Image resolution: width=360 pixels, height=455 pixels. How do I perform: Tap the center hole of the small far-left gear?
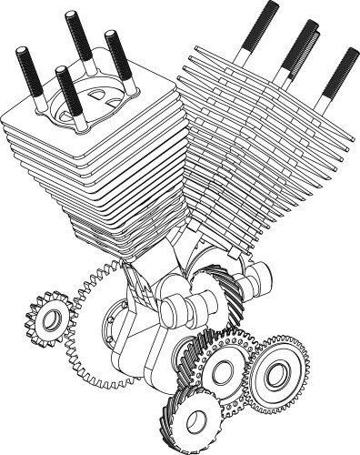coord(51,318)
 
